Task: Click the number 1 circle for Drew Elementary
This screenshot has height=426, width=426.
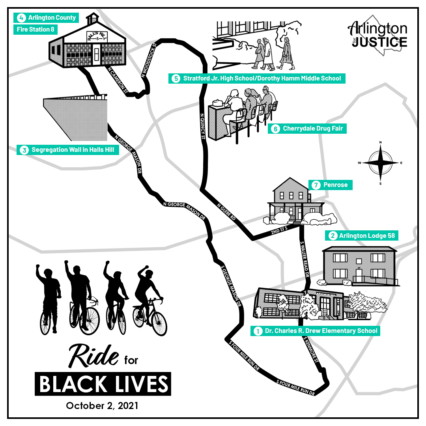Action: [258, 331]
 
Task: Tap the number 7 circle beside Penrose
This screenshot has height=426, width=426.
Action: [315, 185]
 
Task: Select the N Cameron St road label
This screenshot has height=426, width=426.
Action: [119, 80]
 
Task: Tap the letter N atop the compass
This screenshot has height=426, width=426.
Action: [380, 142]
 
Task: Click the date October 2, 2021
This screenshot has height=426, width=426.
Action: [102, 405]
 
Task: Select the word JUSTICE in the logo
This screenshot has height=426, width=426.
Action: [379, 42]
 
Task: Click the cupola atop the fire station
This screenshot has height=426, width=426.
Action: [93, 19]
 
